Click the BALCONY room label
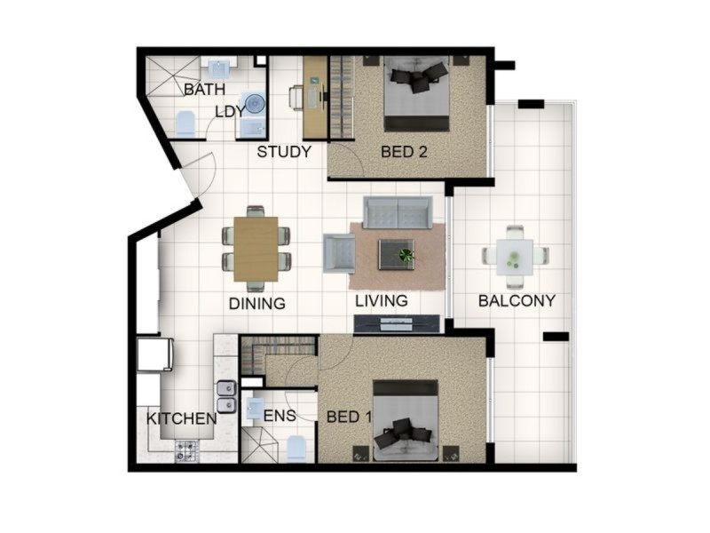coord(516,300)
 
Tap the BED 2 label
coord(404,152)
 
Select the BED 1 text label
coord(350,417)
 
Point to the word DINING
coord(257,303)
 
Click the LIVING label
coord(382,300)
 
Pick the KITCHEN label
coord(182,418)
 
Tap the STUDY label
coord(284,152)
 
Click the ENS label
coord(280,415)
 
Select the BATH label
coord(204,90)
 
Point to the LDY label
coord(232,113)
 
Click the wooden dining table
coord(256,249)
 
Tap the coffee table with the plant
coord(396,254)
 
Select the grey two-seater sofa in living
coord(397,212)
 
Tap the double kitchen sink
coord(226,396)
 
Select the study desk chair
coord(297,96)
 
